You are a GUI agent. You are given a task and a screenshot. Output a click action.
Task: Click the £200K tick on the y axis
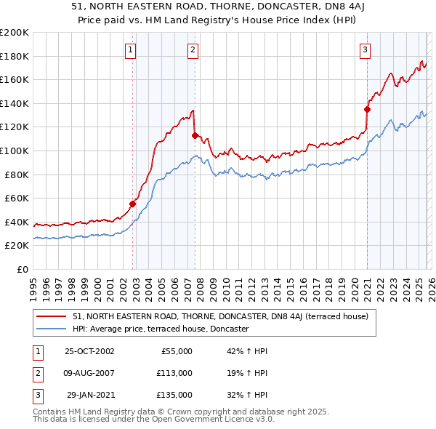point(15,33)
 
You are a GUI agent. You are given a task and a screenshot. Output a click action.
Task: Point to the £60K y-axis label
point(17,198)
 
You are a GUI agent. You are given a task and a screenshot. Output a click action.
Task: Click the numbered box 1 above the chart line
point(130,50)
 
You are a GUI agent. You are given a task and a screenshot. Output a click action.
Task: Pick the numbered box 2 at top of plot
point(193,50)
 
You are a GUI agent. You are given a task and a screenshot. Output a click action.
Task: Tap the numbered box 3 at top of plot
point(365,50)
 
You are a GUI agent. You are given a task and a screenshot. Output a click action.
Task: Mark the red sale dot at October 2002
point(133,204)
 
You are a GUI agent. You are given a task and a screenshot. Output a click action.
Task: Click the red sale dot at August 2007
point(195,135)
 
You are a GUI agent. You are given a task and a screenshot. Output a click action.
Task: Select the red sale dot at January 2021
point(367,110)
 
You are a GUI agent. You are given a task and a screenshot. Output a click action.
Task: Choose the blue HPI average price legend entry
point(161,329)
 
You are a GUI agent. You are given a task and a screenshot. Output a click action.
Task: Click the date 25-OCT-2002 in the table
point(89,351)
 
